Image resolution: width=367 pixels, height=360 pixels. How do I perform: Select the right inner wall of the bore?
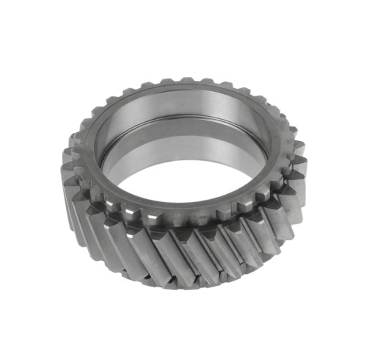(253, 147)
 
